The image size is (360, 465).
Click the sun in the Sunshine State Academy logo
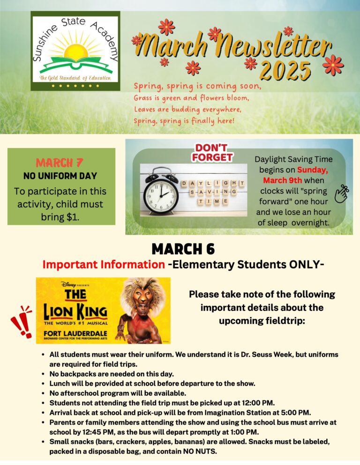[74, 50]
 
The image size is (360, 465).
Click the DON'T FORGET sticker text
[212, 153]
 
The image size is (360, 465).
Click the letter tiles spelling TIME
[212, 201]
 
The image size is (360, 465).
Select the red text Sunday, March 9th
[295, 175]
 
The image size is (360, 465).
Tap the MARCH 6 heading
[183, 249]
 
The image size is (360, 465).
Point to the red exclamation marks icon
[21, 322]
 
